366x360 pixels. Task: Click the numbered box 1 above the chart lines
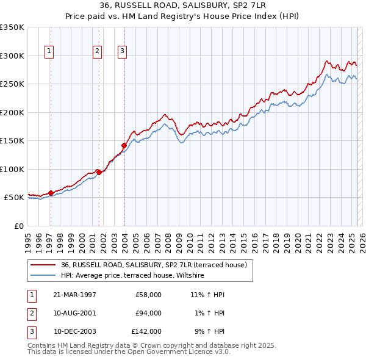pos(49,51)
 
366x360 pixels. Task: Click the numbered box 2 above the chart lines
pos(97,51)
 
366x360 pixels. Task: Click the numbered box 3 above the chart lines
pos(123,51)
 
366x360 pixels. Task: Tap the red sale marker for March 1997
pos(51,193)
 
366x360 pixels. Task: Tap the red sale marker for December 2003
pos(124,145)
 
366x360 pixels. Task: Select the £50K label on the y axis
pos(14,198)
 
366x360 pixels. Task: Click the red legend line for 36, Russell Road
pos(44,265)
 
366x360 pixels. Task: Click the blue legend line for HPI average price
pos(44,276)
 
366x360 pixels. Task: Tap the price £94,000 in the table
pos(148,313)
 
